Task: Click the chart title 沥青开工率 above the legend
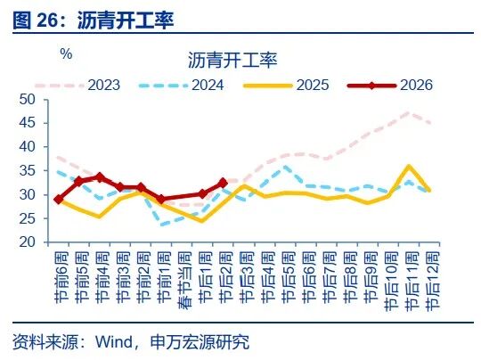click(x=233, y=61)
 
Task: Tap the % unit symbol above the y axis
click(x=66, y=53)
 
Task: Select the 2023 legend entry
click(x=102, y=85)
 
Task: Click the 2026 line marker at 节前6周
click(x=59, y=200)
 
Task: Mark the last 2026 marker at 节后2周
click(x=223, y=182)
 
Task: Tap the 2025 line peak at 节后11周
click(x=407, y=166)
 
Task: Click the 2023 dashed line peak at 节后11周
click(x=407, y=112)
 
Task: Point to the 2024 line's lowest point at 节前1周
click(x=161, y=224)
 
